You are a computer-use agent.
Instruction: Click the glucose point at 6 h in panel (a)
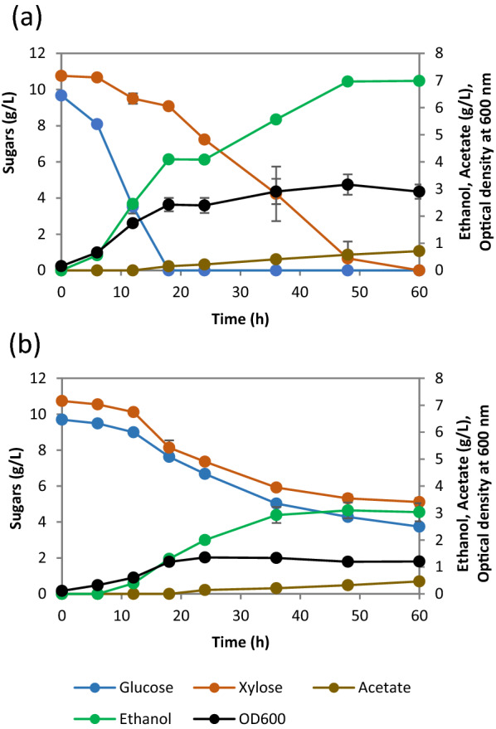97,124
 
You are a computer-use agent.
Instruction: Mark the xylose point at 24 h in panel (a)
204,139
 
